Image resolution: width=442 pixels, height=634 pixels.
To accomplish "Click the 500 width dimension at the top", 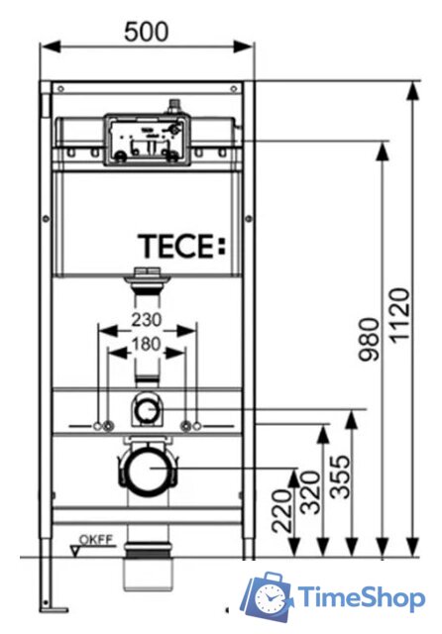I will (x=147, y=31).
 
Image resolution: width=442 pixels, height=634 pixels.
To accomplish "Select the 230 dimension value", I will (x=146, y=322).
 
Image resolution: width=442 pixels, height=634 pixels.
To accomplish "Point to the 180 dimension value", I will (x=146, y=346).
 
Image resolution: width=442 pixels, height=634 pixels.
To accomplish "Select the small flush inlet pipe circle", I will (x=147, y=407).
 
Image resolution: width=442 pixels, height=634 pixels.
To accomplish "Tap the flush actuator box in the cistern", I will (x=146, y=138).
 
